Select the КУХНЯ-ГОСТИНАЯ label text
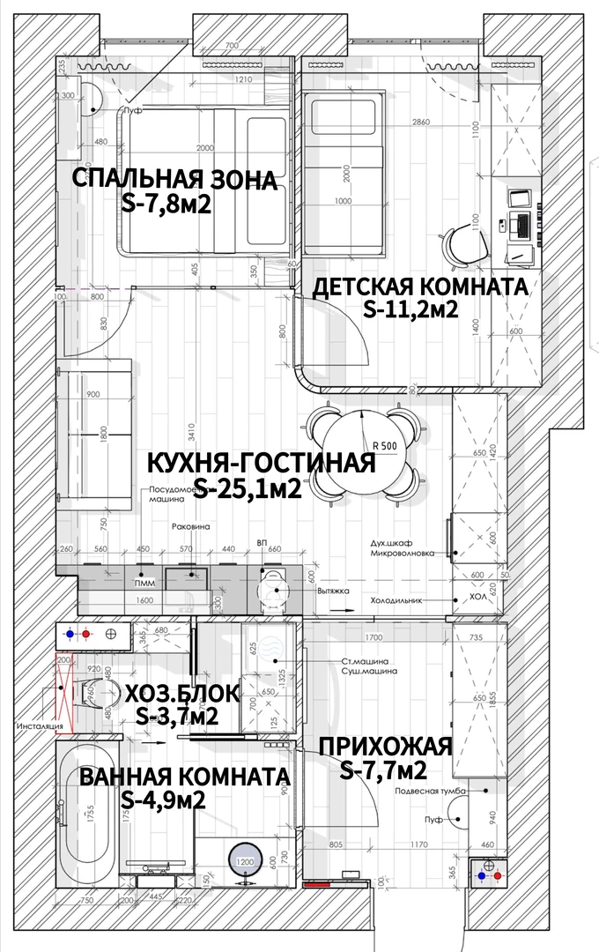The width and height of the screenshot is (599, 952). coord(261,462)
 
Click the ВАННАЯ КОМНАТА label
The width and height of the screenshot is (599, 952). coord(184,777)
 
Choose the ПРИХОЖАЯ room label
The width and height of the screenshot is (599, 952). coord(385,747)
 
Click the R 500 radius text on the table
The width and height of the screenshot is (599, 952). coord(384,445)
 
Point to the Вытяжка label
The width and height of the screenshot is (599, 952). coord(334,591)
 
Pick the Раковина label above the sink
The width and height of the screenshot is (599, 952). coord(190,526)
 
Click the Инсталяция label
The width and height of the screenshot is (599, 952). coord(40,727)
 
